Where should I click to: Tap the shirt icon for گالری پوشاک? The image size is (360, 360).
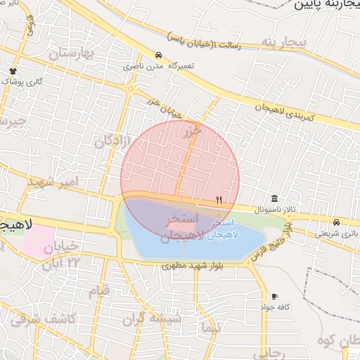[13, 71]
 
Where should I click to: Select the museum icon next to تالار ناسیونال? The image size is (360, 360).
[275, 198]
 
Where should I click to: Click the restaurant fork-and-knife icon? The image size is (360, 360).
[219, 200]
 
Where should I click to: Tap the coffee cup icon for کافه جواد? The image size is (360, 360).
[274, 297]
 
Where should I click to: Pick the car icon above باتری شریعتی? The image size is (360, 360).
[337, 221]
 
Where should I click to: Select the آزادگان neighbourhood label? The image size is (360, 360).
[112, 141]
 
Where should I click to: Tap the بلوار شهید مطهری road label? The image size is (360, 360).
[192, 266]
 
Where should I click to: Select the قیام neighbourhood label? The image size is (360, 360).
[99, 290]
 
